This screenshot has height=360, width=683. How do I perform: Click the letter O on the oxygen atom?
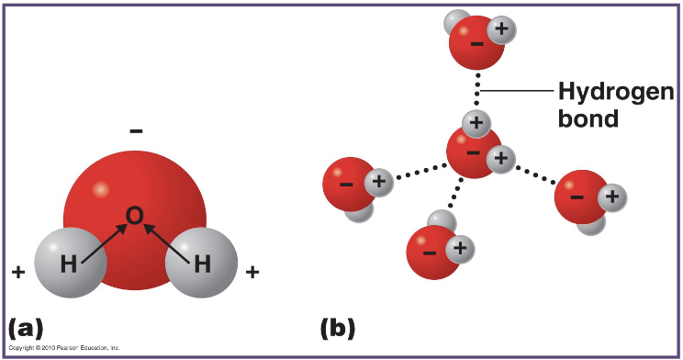tap(134, 216)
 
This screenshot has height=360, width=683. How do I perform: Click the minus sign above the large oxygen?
tap(136, 132)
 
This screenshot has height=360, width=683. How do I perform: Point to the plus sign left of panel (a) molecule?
tap(17, 272)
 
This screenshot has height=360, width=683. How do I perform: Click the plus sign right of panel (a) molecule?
tap(252, 272)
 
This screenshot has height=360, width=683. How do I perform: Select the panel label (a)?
tap(26, 327)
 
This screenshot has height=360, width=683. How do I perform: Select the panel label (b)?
tap(337, 327)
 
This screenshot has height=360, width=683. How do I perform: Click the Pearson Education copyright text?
tap(64, 348)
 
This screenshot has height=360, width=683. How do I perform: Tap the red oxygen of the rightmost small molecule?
tap(578, 196)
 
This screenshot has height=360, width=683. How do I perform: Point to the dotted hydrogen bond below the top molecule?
tap(477, 91)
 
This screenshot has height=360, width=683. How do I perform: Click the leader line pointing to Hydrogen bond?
tap(518, 90)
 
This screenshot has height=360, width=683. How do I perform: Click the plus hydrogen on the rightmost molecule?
tap(612, 196)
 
